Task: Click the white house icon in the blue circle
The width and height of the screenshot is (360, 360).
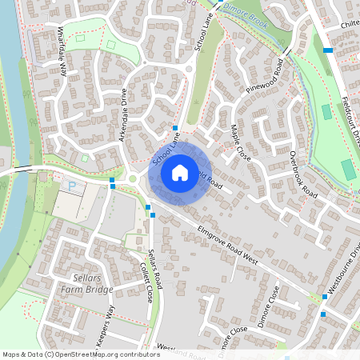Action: click(x=180, y=172)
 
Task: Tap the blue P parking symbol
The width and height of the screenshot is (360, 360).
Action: click(x=71, y=186)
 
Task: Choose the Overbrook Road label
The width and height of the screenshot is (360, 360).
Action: click(x=304, y=174)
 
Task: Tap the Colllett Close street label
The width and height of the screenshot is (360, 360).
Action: click(x=146, y=282)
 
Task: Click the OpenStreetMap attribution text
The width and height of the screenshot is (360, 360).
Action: click(x=81, y=354)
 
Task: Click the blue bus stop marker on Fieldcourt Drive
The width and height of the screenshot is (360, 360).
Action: click(x=328, y=50)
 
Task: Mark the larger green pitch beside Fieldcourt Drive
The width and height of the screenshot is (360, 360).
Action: click(x=348, y=170)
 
